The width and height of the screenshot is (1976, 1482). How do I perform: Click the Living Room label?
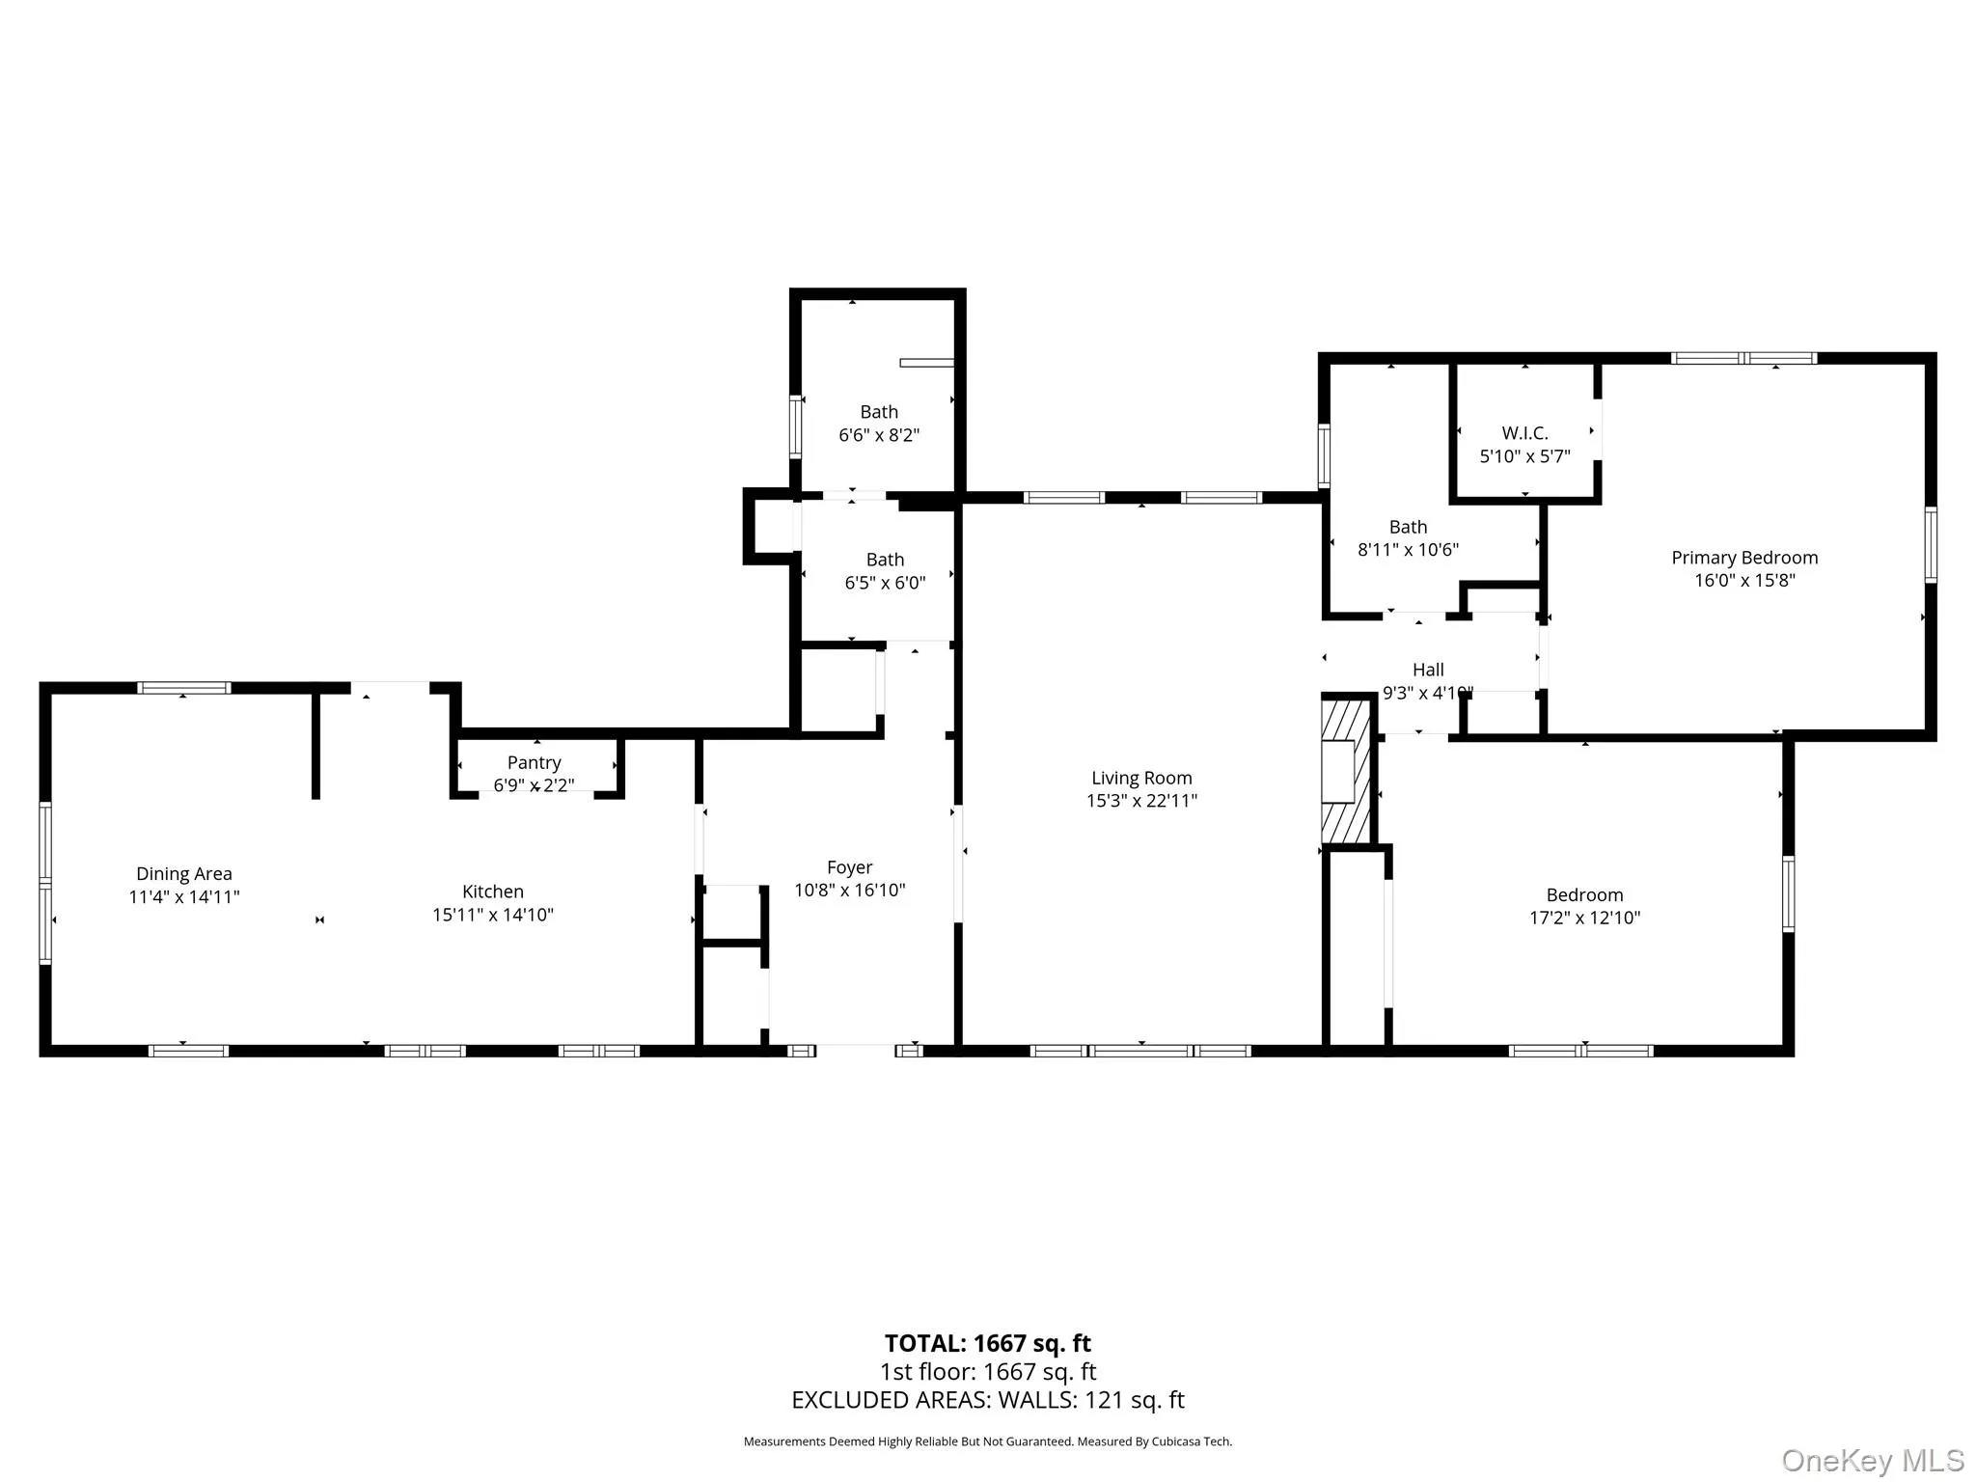coord(1141,778)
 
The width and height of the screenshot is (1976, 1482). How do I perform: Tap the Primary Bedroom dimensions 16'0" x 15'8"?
coord(1744,580)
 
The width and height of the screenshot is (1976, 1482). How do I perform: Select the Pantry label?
coord(534,762)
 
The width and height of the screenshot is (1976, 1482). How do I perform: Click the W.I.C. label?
coord(1524,433)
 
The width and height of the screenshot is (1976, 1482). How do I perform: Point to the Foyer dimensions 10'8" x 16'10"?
coord(849,890)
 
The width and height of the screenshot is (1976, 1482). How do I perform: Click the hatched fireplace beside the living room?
coord(1345,772)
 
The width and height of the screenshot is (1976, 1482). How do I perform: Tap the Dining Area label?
coord(183,873)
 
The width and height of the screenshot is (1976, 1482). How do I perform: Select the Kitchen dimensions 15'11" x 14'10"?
coord(492,914)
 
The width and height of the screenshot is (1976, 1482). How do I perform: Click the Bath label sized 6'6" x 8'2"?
coord(878,412)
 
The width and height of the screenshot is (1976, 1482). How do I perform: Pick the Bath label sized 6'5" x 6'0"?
coord(885,560)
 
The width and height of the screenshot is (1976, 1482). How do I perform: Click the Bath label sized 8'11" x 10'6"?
coord(1408,527)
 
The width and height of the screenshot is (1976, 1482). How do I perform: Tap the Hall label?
coord(1428,670)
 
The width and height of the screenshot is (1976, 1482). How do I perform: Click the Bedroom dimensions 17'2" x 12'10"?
coord(1584,918)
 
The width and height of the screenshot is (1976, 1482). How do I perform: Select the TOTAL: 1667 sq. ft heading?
coord(987,1343)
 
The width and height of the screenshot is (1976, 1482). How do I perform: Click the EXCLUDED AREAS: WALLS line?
coord(987,1400)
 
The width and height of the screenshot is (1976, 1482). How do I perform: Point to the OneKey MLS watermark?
coord(1872,1460)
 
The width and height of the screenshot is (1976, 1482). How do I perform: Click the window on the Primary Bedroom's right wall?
coord(1930,545)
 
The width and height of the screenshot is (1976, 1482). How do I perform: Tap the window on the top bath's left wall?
coord(796,425)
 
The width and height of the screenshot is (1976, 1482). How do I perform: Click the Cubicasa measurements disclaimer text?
coord(987,1441)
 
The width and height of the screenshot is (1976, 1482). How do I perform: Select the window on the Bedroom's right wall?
coord(1788,893)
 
